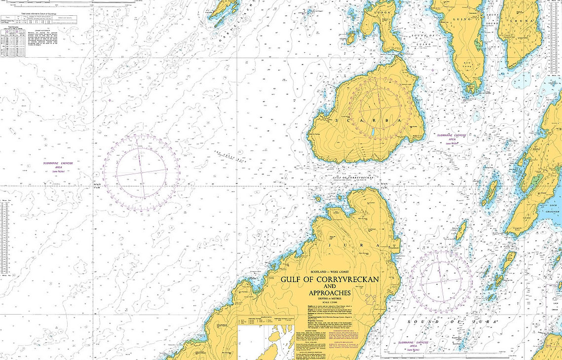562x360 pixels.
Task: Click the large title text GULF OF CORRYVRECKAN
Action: click(x=330, y=279)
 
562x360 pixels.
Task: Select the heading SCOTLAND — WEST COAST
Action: click(x=330, y=272)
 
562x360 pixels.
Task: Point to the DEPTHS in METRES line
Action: click(x=330, y=299)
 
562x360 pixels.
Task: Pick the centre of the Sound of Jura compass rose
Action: click(x=441, y=281)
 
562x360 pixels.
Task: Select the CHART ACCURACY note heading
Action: click(x=26, y=30)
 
